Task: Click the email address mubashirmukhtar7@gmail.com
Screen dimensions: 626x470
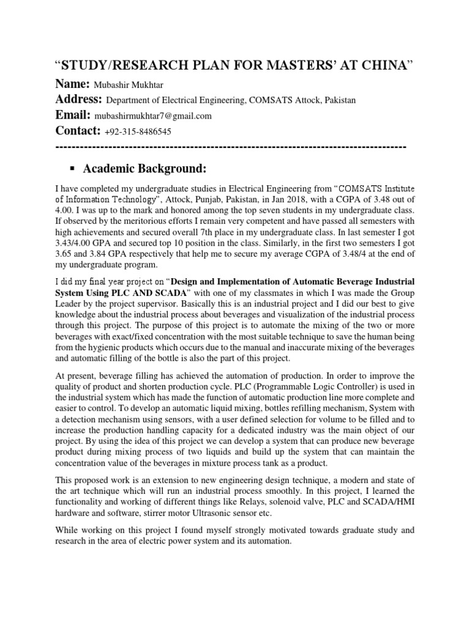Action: coord(153,116)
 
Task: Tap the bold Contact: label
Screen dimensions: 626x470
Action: coord(78,130)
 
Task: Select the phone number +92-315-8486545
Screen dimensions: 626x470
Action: coord(138,131)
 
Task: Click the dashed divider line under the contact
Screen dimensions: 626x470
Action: coord(231,147)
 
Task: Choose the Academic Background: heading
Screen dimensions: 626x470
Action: coord(145,168)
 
